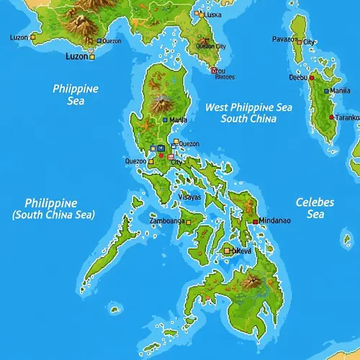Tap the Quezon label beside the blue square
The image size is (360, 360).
[x=112, y=41]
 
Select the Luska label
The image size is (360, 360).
[x=212, y=14]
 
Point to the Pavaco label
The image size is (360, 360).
[x=284, y=39]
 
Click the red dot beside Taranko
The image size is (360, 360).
[x=331, y=117]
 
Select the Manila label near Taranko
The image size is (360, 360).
[x=340, y=91]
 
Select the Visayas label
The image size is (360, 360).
[x=189, y=196]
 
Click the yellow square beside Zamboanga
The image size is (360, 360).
[x=189, y=222]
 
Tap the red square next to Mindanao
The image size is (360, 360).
[x=255, y=220]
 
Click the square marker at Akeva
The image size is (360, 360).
[x=227, y=251]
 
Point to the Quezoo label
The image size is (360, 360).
[x=135, y=161]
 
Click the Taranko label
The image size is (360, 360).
[x=348, y=117]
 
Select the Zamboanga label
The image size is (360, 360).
[x=167, y=220]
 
